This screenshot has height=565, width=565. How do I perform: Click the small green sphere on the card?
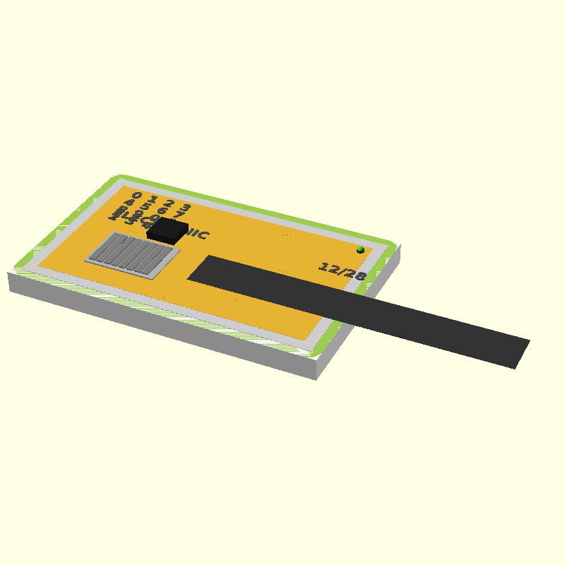coord(360,249)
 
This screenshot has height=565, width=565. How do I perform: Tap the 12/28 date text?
coord(343,271)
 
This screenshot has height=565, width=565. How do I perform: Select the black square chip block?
coord(167,230)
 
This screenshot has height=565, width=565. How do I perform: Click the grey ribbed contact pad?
coord(132,254)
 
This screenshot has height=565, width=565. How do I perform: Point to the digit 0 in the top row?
coord(136,196)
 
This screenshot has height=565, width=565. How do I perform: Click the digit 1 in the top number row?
coord(153,199)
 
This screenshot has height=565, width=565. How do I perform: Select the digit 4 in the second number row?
coord(129,203)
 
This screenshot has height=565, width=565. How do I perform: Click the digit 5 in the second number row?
coord(145,206)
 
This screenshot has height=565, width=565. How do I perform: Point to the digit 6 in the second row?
coord(162,210)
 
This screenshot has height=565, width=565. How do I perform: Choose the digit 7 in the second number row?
coord(180,213)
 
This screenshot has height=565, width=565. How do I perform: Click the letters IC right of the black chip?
coord(200,234)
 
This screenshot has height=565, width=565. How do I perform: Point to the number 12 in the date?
coord(328,268)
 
